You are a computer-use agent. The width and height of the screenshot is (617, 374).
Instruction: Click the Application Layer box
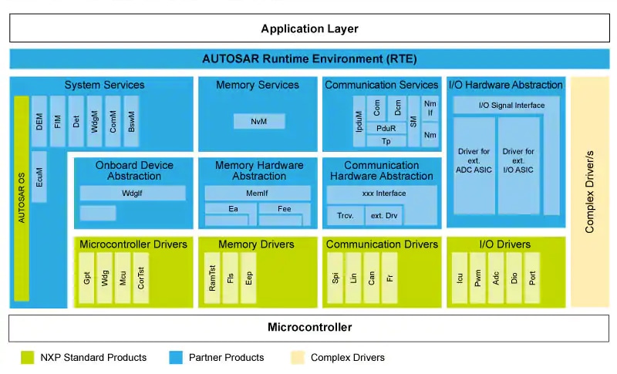(x=309, y=29)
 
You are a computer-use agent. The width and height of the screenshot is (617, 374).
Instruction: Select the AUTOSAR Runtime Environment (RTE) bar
(x=309, y=59)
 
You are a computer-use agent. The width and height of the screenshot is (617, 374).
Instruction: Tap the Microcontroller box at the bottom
(x=309, y=327)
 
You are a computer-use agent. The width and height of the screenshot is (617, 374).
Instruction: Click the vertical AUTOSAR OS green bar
(x=22, y=198)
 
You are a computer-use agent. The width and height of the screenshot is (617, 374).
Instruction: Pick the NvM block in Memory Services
(x=258, y=121)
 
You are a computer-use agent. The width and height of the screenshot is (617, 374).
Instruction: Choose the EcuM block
(x=39, y=176)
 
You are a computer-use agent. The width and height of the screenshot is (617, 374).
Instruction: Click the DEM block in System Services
(x=39, y=121)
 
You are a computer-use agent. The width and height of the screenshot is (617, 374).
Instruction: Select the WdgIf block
(x=133, y=193)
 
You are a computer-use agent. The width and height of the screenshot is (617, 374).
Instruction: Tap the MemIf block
(x=257, y=193)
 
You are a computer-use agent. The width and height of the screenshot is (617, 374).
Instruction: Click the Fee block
(x=285, y=208)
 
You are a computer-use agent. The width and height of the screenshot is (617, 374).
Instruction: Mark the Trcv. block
(x=345, y=215)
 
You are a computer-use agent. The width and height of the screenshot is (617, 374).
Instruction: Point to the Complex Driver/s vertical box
(x=589, y=191)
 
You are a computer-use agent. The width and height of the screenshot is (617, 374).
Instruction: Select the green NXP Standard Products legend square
(x=27, y=357)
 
